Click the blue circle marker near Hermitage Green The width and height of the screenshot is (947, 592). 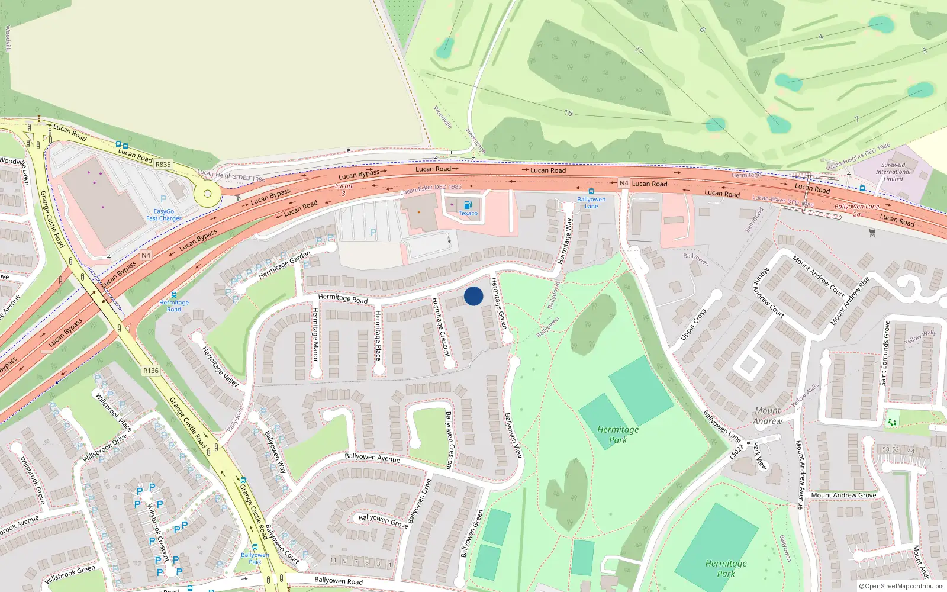474,296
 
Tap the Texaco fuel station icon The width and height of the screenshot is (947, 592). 468,205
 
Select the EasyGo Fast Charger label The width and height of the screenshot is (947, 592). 164,215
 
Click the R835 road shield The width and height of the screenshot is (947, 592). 163,165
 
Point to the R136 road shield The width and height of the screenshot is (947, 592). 151,371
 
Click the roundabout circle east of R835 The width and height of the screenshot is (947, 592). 207,193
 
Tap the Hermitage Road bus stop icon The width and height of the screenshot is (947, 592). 174,295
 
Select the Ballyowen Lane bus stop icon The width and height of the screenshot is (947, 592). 591,192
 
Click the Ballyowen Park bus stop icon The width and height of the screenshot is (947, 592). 255,548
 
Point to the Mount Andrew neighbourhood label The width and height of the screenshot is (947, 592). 768,416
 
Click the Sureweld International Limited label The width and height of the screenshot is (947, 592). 893,172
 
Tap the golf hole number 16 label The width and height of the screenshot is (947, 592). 568,112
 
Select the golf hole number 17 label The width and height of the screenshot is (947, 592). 639,51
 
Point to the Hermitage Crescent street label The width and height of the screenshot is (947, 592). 442,327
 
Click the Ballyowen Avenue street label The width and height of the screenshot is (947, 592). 372,457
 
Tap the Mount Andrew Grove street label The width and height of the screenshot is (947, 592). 843,495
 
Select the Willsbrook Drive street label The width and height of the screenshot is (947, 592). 105,448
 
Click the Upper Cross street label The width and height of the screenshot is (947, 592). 693,325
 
